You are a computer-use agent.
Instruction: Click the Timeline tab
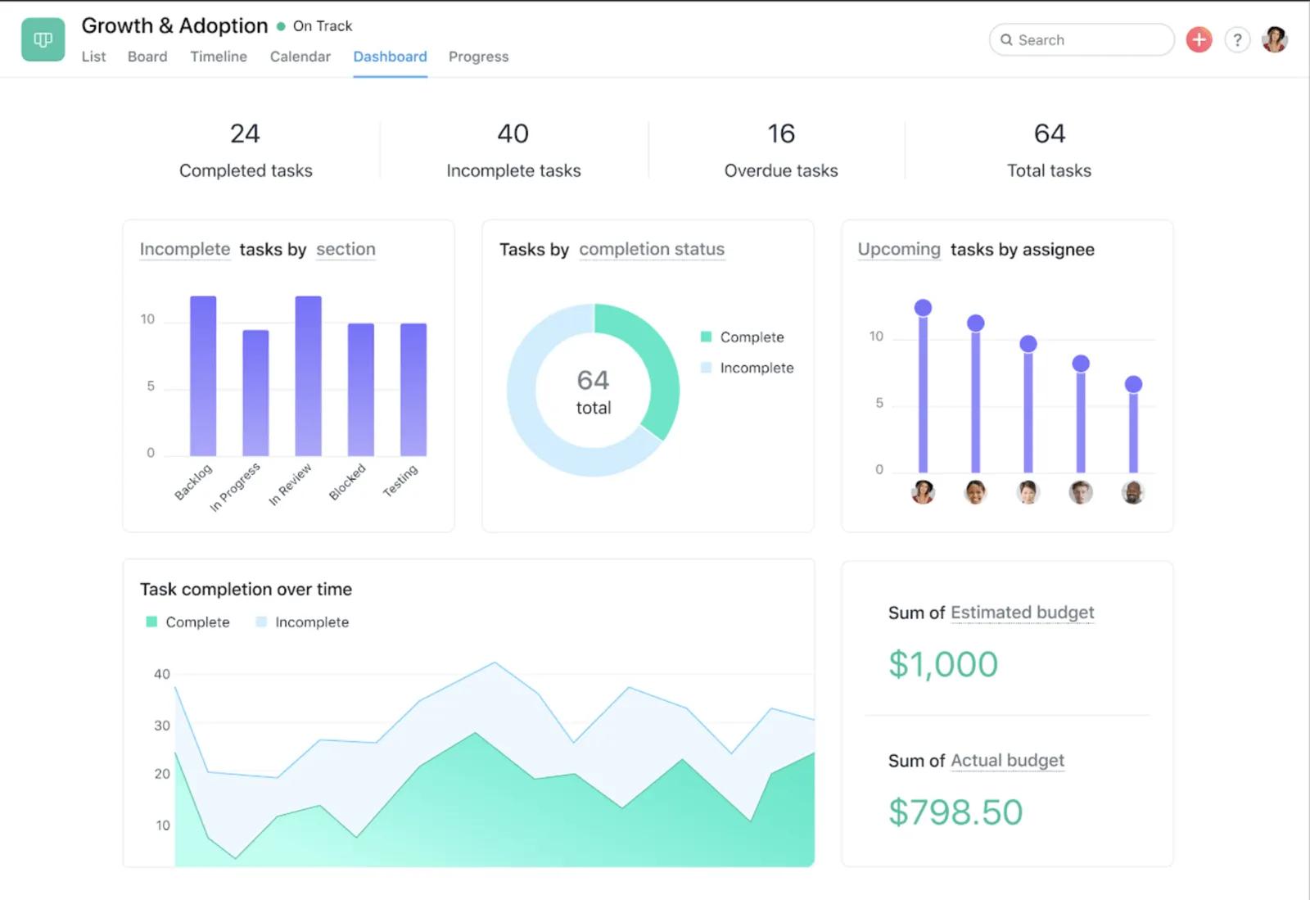[219, 57]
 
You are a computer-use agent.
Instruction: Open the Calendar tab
[300, 57]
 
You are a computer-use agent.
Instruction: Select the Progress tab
[478, 57]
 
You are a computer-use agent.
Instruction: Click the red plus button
[1199, 39]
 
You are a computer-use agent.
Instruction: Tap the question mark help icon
[1237, 39]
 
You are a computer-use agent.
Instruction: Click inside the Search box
[1089, 39]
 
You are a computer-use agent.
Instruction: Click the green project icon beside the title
[43, 39]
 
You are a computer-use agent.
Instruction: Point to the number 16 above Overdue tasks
[781, 133]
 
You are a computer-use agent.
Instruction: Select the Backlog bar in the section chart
[203, 377]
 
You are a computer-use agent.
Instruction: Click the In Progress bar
[255, 393]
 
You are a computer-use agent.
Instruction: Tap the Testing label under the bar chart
[400, 481]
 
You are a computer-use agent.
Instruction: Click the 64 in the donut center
[593, 380]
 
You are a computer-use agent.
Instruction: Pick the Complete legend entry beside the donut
[751, 337]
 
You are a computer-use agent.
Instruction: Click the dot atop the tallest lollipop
[923, 308]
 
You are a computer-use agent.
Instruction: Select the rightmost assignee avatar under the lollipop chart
[1133, 492]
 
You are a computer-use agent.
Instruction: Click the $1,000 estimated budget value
[943, 664]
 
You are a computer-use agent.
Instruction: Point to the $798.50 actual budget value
[955, 812]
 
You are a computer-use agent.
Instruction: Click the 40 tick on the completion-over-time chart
[162, 674]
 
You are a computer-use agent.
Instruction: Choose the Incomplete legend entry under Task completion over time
[311, 622]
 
